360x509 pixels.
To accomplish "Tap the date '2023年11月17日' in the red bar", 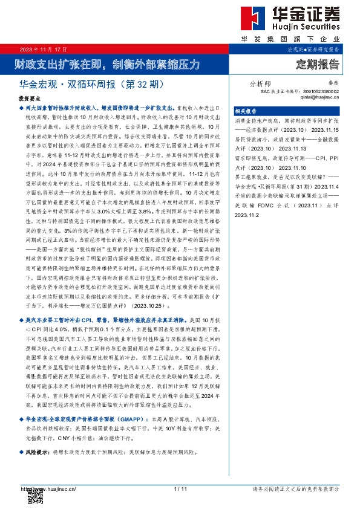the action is [x=44, y=49].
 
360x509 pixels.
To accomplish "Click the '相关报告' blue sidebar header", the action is [x=246, y=111].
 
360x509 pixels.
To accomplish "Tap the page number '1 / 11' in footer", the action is [x=180, y=488].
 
